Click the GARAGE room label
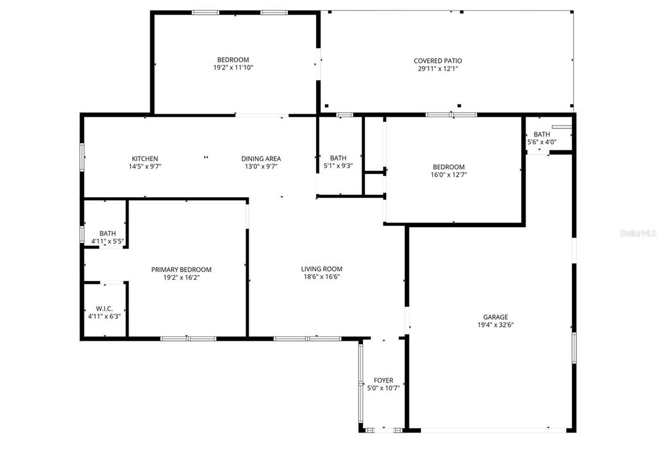pyautogui.click(x=495, y=316)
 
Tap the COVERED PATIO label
pyautogui.click(x=438, y=61)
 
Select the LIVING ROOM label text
pyautogui.click(x=322, y=269)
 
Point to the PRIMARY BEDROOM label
pyautogui.click(x=181, y=270)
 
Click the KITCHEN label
pyautogui.click(x=145, y=159)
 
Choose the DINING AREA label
pyautogui.click(x=261, y=159)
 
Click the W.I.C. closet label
pyautogui.click(x=104, y=309)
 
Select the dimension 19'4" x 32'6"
pyautogui.click(x=495, y=325)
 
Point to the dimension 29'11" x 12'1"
pyautogui.click(x=438, y=69)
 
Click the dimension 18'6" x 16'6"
pyautogui.click(x=322, y=277)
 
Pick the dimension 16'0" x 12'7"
pyautogui.click(x=449, y=174)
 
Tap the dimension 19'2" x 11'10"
pyautogui.click(x=233, y=67)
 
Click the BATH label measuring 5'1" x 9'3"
pyautogui.click(x=338, y=158)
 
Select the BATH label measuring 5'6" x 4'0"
pyautogui.click(x=542, y=134)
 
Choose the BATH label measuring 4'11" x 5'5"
pyautogui.click(x=107, y=234)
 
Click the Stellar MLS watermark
pyautogui.click(x=638, y=234)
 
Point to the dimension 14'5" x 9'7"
pyautogui.click(x=145, y=166)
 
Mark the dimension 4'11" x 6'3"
pyautogui.click(x=104, y=316)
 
